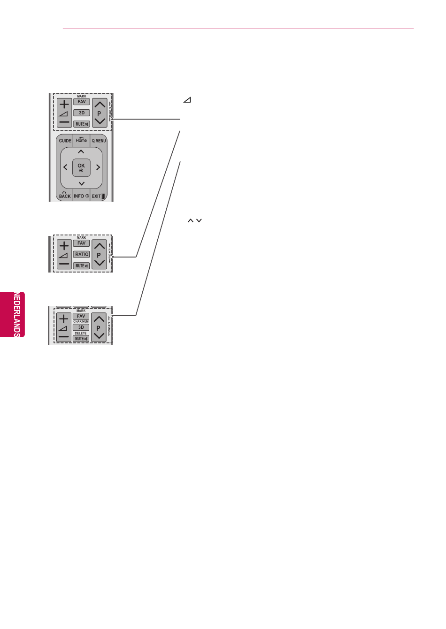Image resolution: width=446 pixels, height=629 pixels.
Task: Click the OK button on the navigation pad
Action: click(x=81, y=167)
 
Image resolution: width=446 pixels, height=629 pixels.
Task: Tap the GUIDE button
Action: click(x=65, y=141)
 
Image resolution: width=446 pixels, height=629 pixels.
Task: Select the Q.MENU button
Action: click(x=99, y=141)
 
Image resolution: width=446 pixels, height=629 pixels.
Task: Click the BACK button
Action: click(x=64, y=196)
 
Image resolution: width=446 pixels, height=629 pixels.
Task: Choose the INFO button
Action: click(x=81, y=196)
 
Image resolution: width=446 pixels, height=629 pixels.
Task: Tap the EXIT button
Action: click(x=98, y=196)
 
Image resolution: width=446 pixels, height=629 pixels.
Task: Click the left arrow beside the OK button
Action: click(x=65, y=167)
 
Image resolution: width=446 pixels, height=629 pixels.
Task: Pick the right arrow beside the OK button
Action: click(x=98, y=167)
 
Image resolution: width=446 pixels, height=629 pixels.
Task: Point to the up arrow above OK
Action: click(x=81, y=152)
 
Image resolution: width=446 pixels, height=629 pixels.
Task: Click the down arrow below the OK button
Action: click(x=81, y=183)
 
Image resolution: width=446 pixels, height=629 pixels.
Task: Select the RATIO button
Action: click(x=81, y=254)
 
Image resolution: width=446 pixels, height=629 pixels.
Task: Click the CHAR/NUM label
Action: click(x=81, y=322)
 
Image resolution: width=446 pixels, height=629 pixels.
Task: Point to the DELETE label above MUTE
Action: click(x=81, y=333)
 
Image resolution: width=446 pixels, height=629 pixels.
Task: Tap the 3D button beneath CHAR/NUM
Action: click(x=81, y=327)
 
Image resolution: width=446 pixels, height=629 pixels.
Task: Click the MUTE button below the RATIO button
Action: click(x=81, y=265)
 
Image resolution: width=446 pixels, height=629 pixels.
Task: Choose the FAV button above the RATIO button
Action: click(x=81, y=243)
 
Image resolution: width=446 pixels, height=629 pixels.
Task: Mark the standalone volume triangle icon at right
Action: click(x=187, y=100)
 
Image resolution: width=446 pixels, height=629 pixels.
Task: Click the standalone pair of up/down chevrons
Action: click(x=194, y=220)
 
